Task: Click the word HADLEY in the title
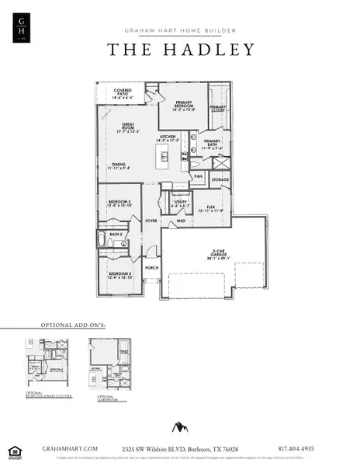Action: [x=213, y=50]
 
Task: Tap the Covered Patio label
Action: [x=123, y=96]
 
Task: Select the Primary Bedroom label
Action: [x=183, y=106]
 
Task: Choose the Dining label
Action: [x=119, y=165]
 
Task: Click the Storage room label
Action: [x=220, y=179]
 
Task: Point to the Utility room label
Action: [x=180, y=203]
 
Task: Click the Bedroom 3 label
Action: [x=119, y=203]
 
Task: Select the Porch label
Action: [x=151, y=268]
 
